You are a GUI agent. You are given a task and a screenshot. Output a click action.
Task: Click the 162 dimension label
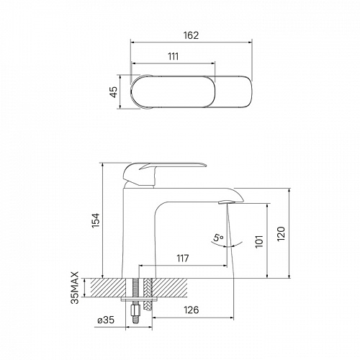pyautogui.click(x=192, y=35)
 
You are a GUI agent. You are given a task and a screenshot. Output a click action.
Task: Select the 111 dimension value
pyautogui.click(x=173, y=56)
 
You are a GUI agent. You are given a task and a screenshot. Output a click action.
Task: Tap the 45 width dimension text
pyautogui.click(x=114, y=91)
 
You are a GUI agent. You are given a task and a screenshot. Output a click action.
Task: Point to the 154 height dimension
pyautogui.click(x=96, y=220)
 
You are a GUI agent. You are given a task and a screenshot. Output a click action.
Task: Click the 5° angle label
pyautogui.click(x=218, y=238)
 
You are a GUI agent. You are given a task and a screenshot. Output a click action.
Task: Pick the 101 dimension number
pyautogui.click(x=259, y=241)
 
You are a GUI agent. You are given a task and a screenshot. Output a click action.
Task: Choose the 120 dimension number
pyautogui.click(x=281, y=233)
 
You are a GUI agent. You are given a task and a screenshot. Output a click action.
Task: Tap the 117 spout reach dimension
pyautogui.click(x=183, y=258)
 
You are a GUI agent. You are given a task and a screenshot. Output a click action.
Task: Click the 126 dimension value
pyautogui.click(x=192, y=310)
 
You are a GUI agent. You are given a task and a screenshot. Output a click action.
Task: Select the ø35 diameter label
pyautogui.click(x=106, y=320)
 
